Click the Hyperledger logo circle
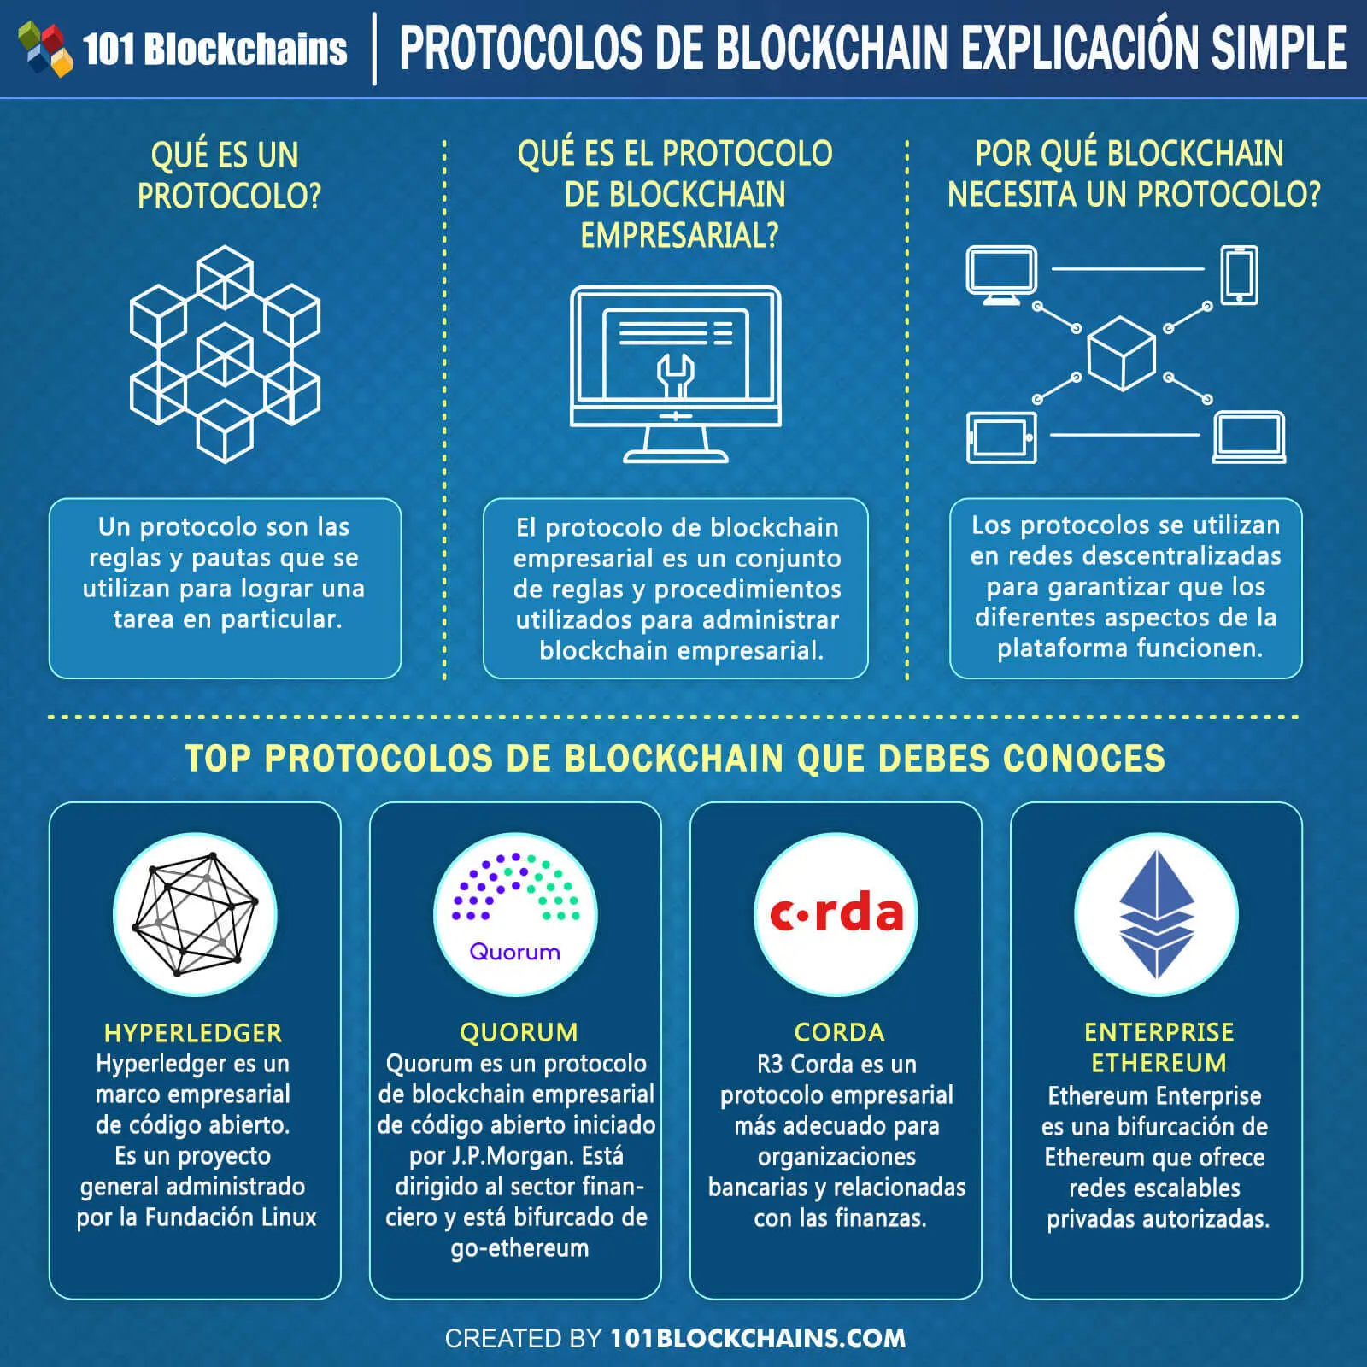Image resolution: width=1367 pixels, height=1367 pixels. point(196,914)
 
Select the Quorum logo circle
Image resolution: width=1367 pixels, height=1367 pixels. point(515,914)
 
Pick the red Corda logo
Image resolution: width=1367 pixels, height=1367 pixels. point(836,914)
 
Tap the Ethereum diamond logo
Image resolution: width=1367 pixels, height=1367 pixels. point(1156,914)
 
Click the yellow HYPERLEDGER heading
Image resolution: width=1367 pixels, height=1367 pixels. point(193,1033)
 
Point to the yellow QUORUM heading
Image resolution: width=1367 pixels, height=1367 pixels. point(519,1032)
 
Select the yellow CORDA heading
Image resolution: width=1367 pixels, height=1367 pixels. point(839,1032)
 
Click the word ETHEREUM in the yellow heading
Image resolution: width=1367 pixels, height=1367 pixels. point(1159,1063)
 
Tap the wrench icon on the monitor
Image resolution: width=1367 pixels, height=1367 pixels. point(675,376)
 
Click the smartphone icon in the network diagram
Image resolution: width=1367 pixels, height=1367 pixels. point(1239,274)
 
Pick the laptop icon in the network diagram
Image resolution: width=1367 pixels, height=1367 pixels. point(1249,437)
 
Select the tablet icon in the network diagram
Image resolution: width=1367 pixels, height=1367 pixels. point(1001,437)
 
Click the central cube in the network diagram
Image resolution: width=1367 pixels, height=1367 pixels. point(1121,353)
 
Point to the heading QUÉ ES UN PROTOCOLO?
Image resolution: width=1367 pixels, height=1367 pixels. point(226,175)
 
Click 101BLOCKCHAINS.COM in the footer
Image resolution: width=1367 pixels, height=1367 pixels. point(758,1338)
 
